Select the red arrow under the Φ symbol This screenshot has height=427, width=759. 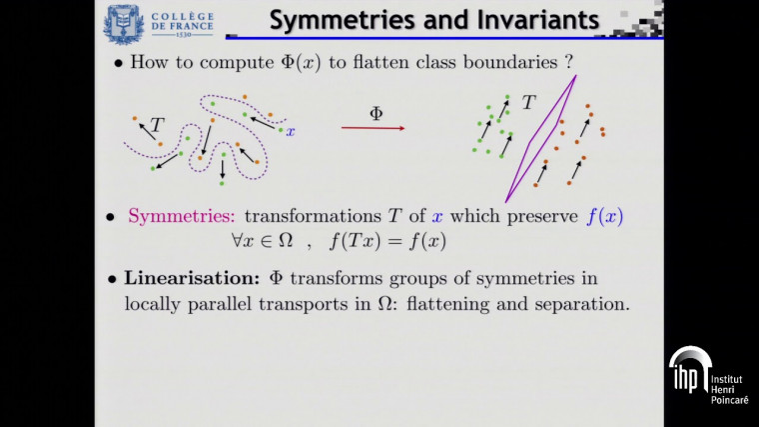(373, 128)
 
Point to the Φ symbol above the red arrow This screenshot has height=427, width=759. (376, 113)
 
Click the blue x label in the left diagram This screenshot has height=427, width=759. (291, 131)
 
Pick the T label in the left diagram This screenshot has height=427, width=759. (157, 125)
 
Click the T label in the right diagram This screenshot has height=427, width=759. (528, 103)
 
